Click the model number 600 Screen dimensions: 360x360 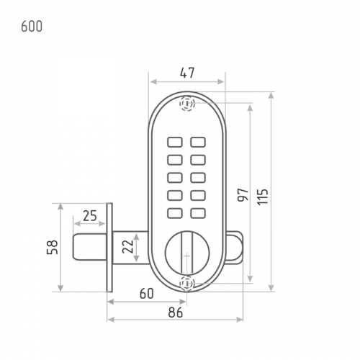[32, 27]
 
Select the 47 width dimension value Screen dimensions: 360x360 [187, 73]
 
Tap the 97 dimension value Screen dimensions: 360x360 [243, 195]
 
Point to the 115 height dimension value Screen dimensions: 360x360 [263, 197]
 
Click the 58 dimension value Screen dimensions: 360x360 [53, 247]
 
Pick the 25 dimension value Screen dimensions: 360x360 [90, 215]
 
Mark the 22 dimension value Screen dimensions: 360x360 [127, 246]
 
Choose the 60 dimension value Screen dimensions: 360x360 [147, 293]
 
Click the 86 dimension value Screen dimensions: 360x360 [176, 312]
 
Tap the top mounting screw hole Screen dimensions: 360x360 [187, 104]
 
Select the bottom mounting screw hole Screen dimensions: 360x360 [187, 284]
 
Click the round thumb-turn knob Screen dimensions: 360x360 [187, 253]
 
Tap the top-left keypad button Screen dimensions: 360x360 [175, 142]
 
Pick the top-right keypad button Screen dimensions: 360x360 [198, 142]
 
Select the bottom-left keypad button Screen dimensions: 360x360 [175, 213]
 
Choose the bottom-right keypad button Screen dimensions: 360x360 [198, 213]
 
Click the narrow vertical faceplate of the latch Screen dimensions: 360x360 [109, 248]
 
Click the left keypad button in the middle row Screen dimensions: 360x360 [175, 178]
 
